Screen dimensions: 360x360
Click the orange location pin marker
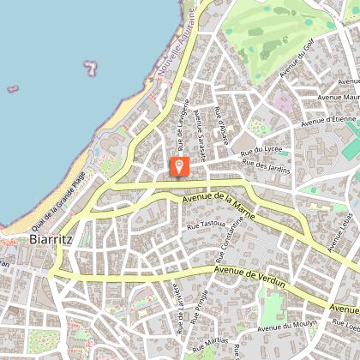pyautogui.click(x=180, y=165)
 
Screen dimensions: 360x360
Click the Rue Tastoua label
pyautogui.click(x=206, y=225)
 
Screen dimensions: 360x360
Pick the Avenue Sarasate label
pyautogui.click(x=201, y=135)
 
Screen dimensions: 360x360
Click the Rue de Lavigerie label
pyautogui.click(x=181, y=120)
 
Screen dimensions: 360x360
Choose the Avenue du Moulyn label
pyautogui.click(x=287, y=326)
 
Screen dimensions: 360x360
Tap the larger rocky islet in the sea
pyautogui.click(x=90, y=66)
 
